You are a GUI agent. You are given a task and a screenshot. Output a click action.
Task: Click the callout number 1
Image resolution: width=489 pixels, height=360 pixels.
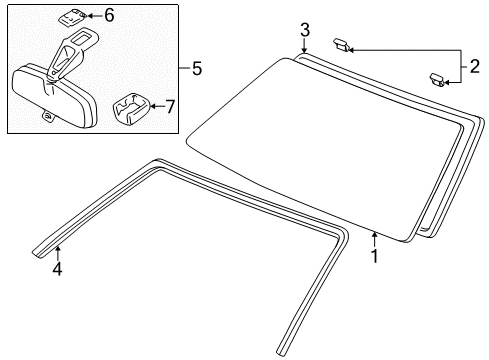point(375,255)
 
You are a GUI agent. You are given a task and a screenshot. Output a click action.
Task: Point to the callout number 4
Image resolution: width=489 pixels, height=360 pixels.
point(57,269)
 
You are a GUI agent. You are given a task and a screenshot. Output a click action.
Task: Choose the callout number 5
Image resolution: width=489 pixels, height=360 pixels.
point(196,68)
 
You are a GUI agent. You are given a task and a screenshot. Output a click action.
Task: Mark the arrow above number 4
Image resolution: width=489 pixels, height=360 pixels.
point(57,250)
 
